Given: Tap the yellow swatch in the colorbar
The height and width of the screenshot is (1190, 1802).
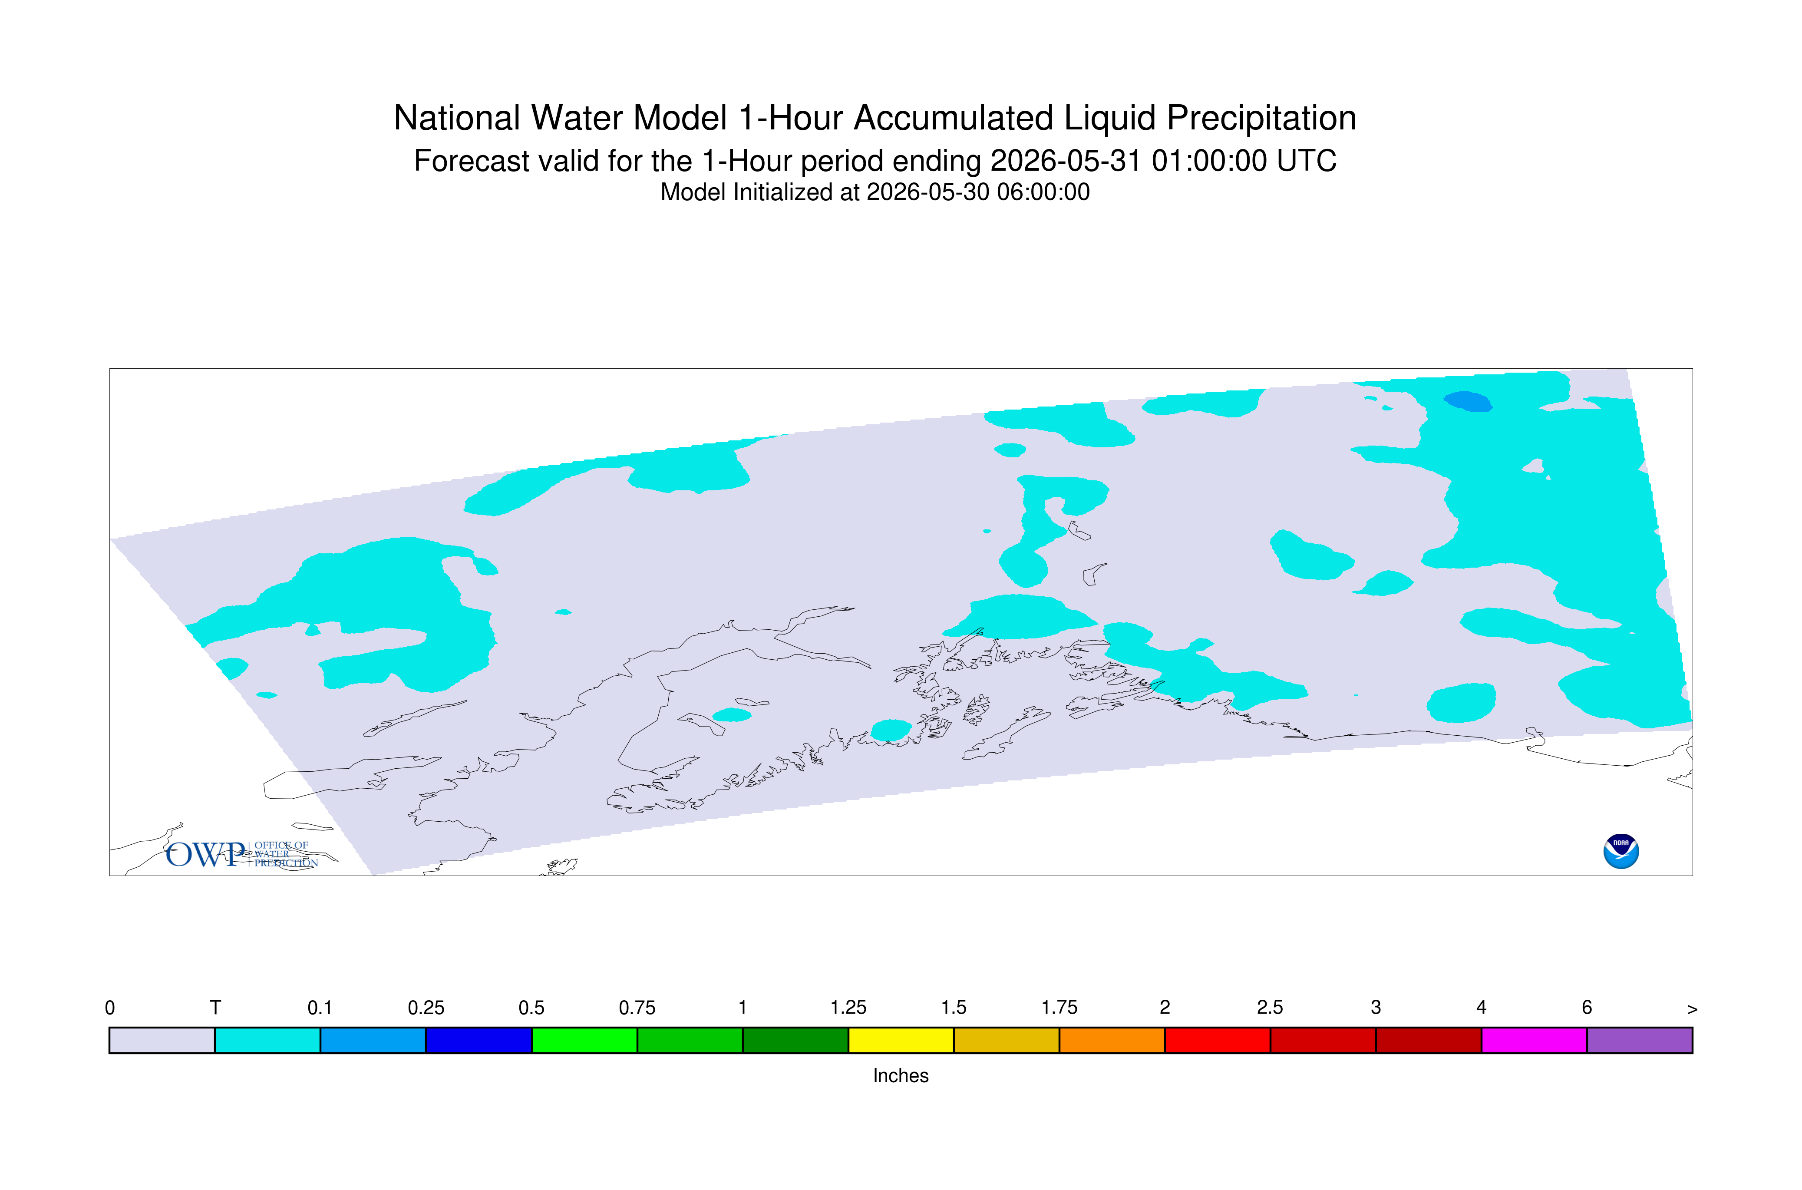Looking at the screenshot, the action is coord(901,1041).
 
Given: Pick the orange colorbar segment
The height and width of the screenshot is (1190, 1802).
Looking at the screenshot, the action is coord(1112,1041).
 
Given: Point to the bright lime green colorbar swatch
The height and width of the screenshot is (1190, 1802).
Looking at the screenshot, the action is coord(584,1041).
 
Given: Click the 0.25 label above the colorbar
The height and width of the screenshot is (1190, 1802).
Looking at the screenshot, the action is coord(426,1008).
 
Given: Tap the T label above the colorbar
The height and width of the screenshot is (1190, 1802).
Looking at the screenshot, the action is coord(215,1008).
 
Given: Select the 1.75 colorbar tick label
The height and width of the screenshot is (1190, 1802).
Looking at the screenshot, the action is coord(1059,1008).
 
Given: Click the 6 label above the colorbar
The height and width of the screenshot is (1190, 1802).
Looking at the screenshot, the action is coord(1587,1008).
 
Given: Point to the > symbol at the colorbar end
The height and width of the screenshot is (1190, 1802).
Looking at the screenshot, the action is coord(1692,1009).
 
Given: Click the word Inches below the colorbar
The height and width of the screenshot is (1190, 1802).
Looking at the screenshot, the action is coord(901,1075).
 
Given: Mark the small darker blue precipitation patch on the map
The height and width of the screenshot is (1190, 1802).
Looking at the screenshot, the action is coord(1467,401).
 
